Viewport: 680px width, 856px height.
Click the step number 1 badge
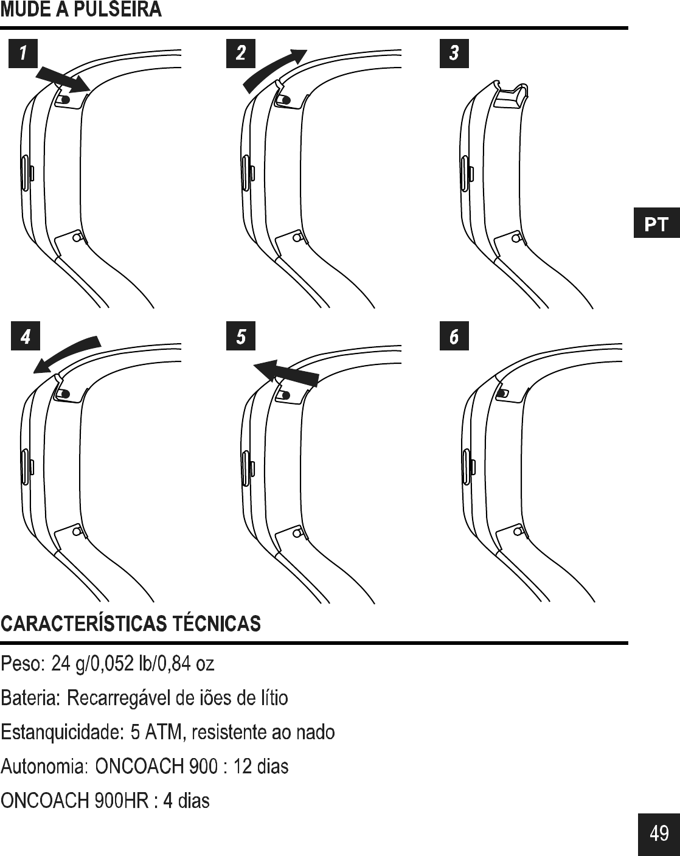(x=23, y=53)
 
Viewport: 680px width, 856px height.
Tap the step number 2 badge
(x=241, y=53)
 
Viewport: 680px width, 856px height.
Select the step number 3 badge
(x=454, y=53)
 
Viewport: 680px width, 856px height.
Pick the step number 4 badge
(x=26, y=336)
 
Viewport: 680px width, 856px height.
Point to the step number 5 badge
(x=241, y=336)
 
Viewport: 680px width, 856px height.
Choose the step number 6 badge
(x=454, y=336)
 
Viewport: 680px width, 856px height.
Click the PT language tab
(x=656, y=224)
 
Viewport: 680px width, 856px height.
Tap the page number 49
(x=659, y=833)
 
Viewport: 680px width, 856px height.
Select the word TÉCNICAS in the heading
(x=217, y=624)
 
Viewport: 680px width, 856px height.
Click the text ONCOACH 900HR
(x=75, y=801)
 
